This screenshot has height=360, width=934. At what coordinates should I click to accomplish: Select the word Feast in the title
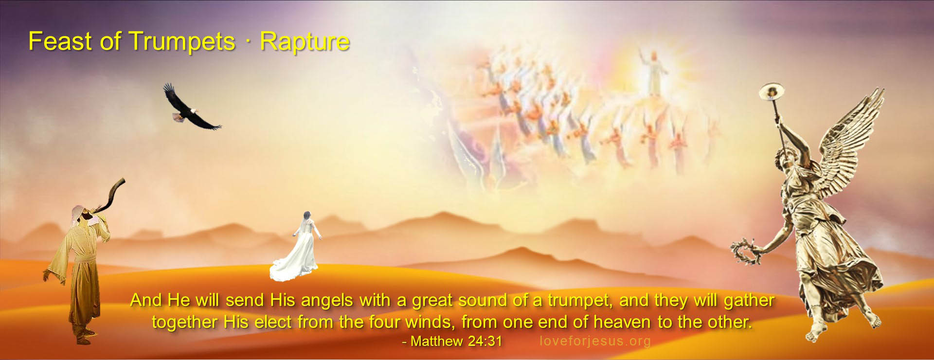pos(60,41)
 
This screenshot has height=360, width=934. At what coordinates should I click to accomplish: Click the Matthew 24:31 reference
pos(451,341)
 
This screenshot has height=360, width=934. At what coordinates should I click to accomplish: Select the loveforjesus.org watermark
pos(595,341)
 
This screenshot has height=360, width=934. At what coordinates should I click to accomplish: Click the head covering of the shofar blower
pos(79,212)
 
